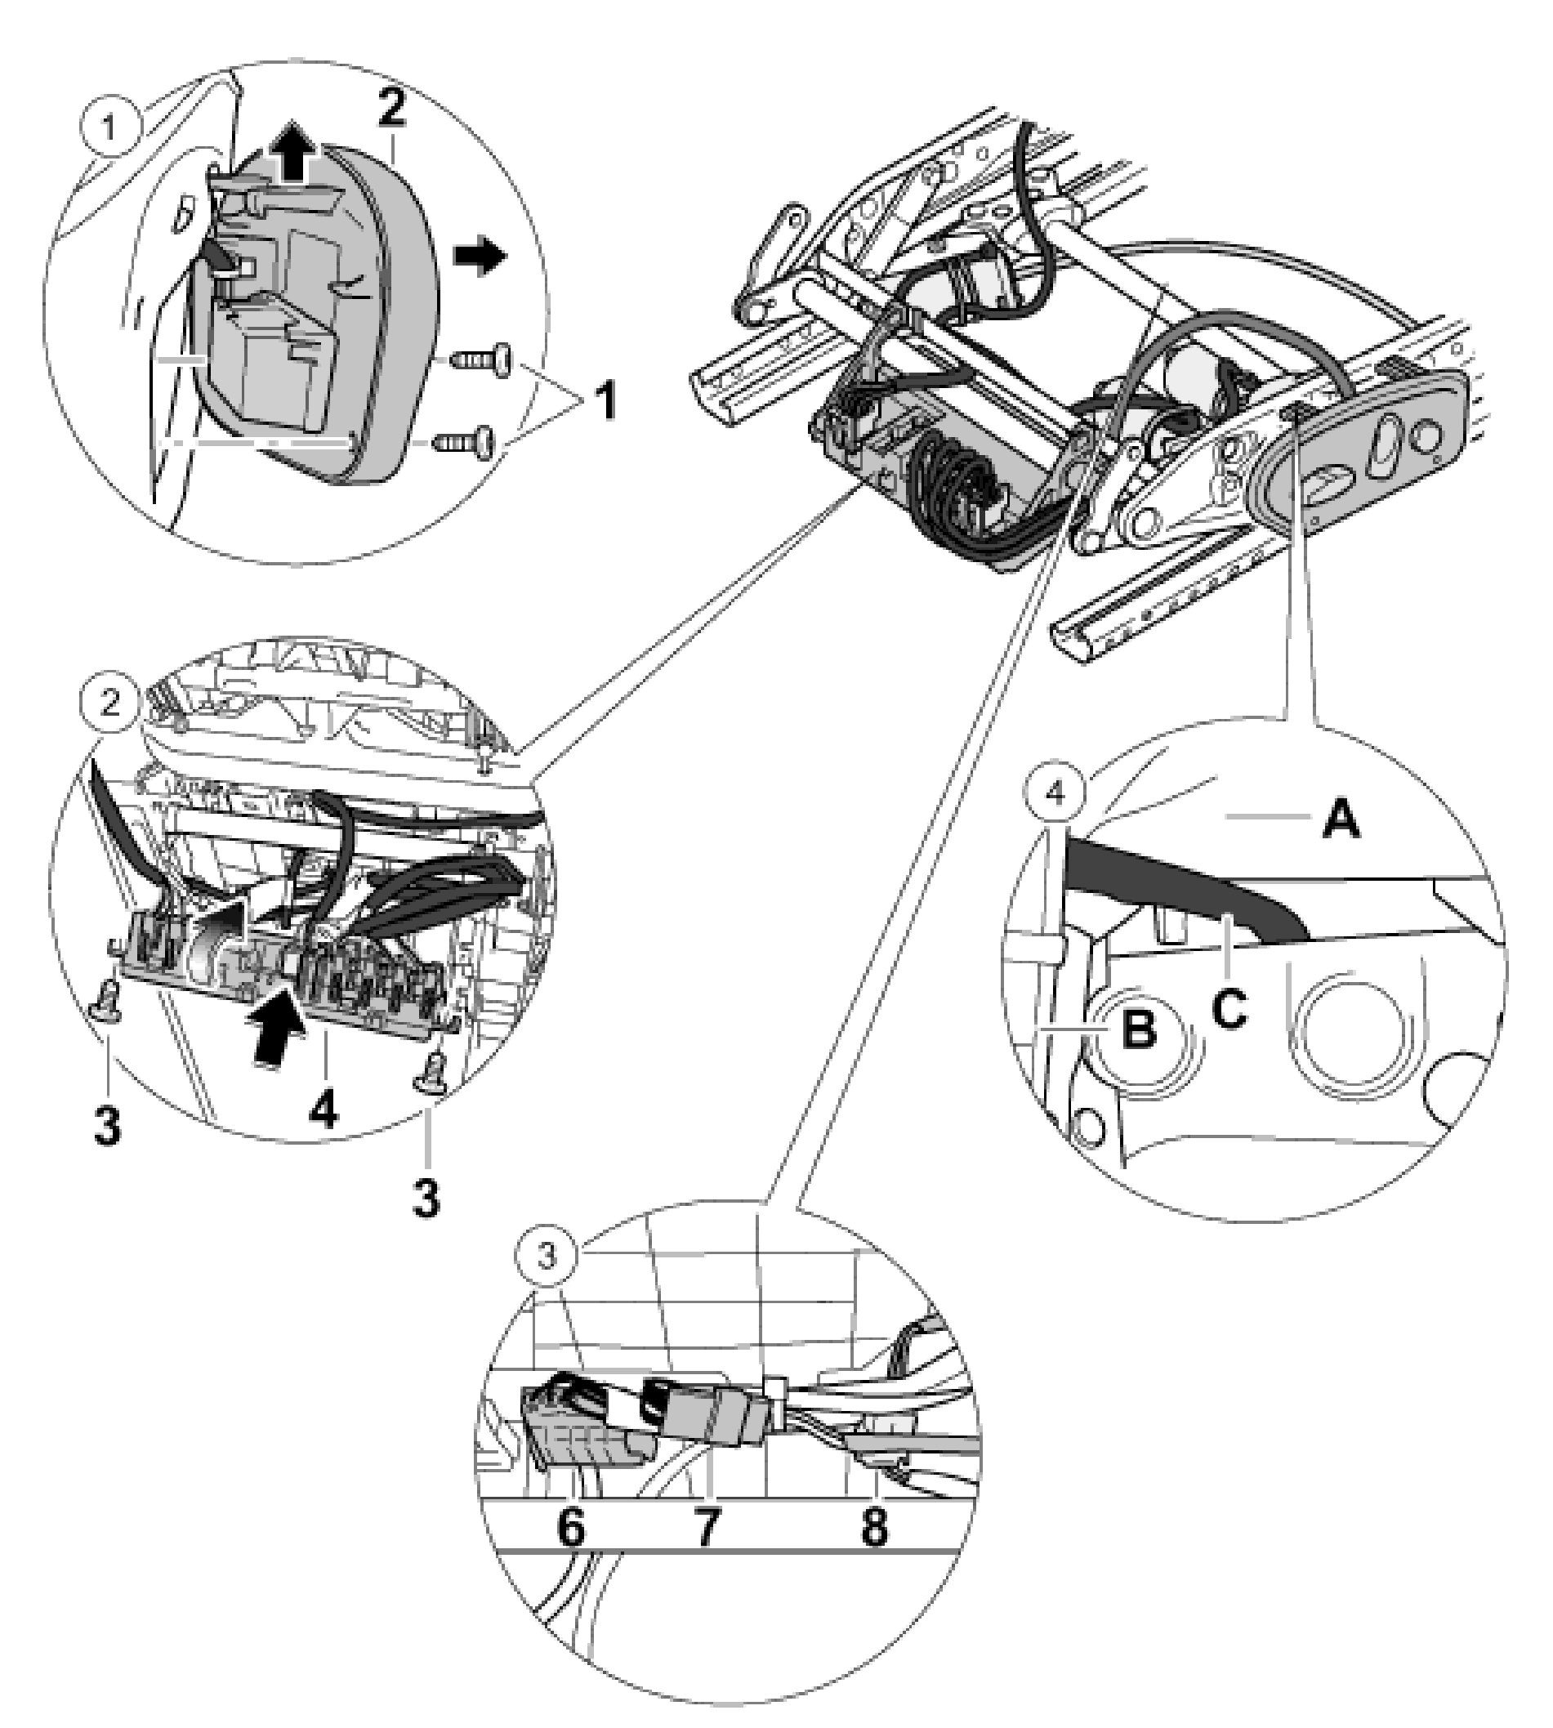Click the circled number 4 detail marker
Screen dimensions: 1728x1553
tap(1055, 793)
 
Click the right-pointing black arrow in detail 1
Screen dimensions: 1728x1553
tap(480, 256)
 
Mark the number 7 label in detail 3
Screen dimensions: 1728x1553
tap(706, 1528)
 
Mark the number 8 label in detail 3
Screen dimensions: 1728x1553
tap(873, 1528)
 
